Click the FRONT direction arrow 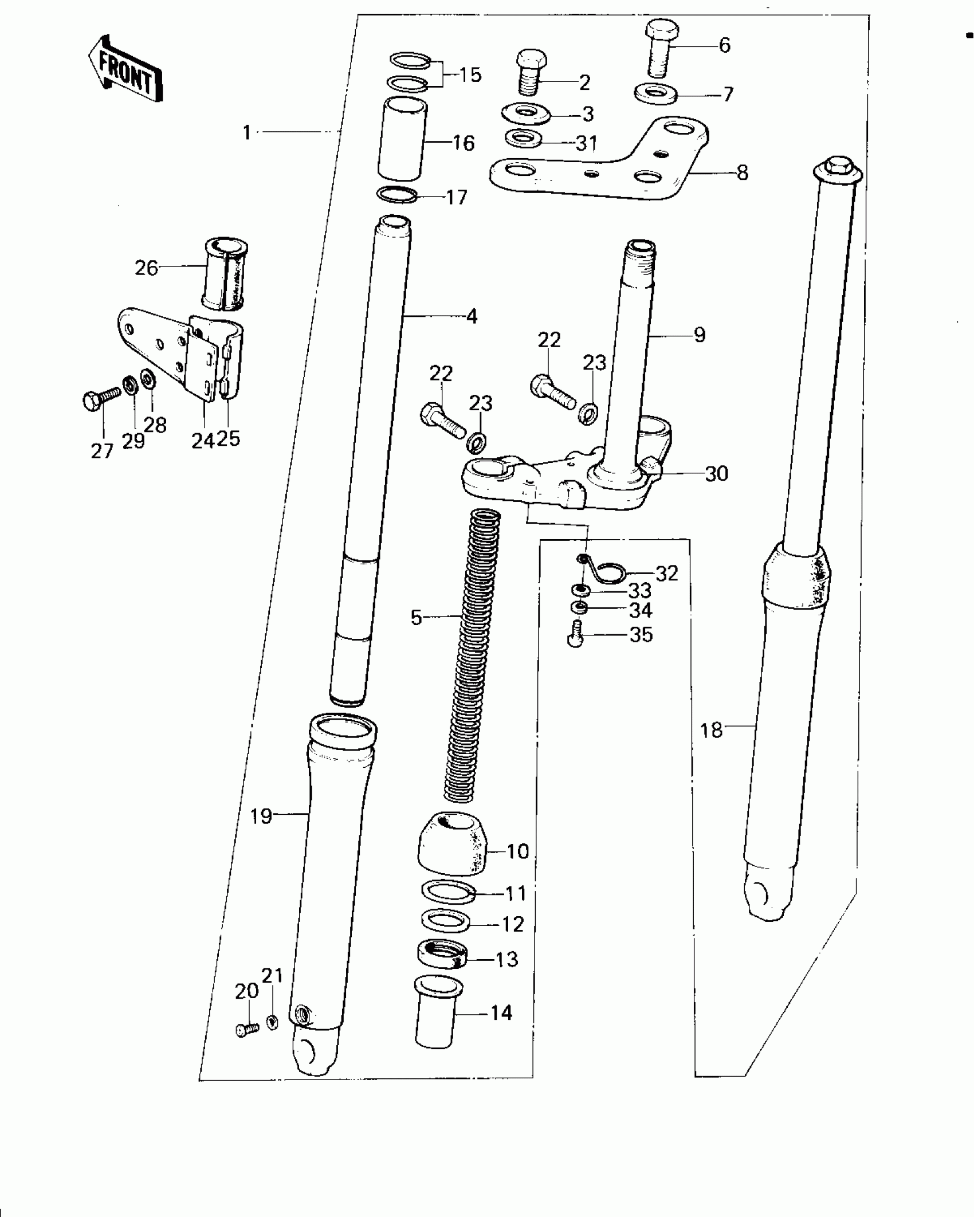125,69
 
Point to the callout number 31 587,143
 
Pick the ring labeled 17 396,194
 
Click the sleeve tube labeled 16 402,139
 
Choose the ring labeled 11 449,892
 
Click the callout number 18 712,731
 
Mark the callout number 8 742,172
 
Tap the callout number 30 716,474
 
